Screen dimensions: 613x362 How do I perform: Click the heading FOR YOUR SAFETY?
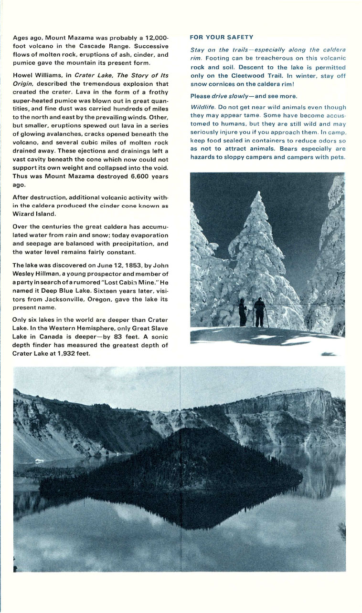(222, 37)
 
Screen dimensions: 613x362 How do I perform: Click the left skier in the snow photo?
(243, 312)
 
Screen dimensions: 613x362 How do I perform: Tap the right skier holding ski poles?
(259, 312)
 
